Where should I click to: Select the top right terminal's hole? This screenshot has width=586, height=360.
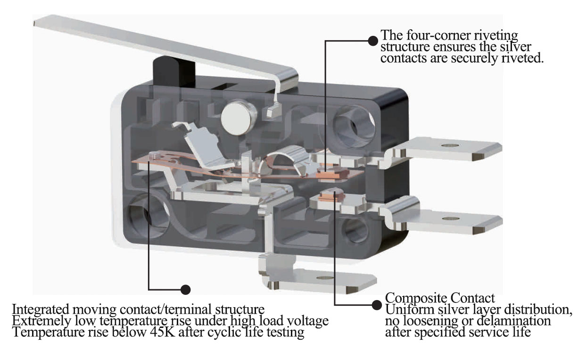(x=450, y=145)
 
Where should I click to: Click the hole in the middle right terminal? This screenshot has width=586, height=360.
(x=451, y=218)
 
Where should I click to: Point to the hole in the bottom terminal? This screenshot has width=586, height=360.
(x=325, y=277)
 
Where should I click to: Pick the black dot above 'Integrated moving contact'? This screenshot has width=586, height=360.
(x=186, y=289)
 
